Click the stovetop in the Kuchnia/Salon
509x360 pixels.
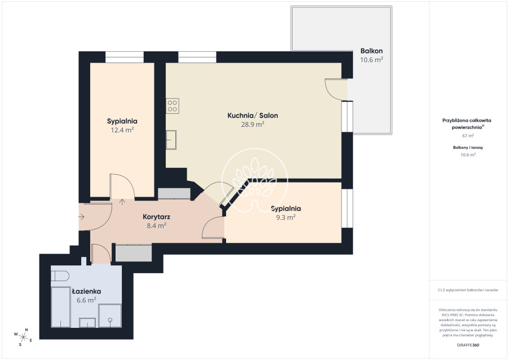coord(172,106)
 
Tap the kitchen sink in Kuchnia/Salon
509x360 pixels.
coord(171,140)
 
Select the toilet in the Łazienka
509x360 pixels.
coord(60,276)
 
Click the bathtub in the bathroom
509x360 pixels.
coord(60,307)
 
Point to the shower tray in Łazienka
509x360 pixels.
coord(110,315)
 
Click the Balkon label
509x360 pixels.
coord(371,51)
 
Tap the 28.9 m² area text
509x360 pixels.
coord(253,124)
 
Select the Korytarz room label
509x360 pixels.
coord(157,217)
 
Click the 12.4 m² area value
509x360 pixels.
coord(122,130)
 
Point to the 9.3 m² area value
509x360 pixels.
coord(286,217)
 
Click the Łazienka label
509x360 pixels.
coord(86,291)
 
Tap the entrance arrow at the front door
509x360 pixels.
coord(82,216)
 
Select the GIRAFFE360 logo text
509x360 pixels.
coord(468,345)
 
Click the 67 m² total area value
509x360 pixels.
coord(468,136)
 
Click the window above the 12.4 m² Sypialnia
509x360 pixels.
coord(125,57)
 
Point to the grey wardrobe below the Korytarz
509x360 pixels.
coord(134,253)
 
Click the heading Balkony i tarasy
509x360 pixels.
coord(468,148)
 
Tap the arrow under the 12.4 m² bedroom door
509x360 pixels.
coord(122,202)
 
